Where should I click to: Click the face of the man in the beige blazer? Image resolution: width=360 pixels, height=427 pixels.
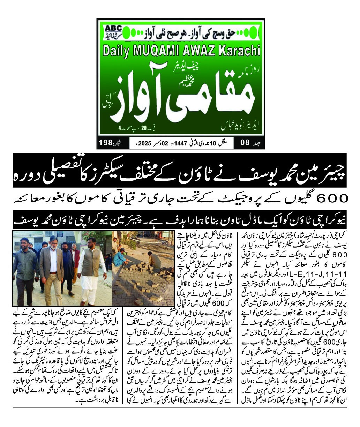coord(52,245)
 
